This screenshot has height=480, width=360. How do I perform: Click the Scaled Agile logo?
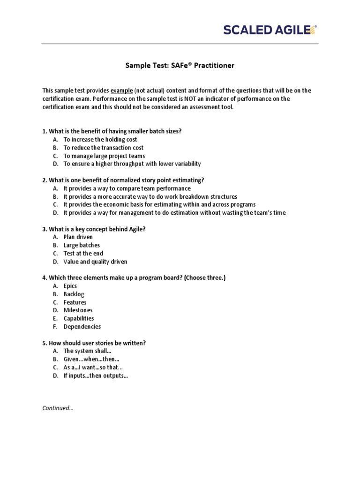tap(270, 30)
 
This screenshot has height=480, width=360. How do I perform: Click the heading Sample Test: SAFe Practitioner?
tap(180, 66)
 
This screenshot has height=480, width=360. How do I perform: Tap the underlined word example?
tap(121, 90)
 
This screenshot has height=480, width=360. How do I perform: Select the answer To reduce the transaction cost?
tap(104, 148)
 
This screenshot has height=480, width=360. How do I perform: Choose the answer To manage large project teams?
tap(104, 156)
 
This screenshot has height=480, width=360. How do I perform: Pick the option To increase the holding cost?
tap(100, 139)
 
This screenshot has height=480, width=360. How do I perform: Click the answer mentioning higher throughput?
tap(132, 164)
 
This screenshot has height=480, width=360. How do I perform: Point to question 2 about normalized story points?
tap(123, 180)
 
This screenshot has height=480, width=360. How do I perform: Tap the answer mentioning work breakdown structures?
tap(150, 196)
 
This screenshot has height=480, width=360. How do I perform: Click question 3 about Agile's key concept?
tap(94, 229)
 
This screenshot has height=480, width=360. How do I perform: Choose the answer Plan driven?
tap(78, 237)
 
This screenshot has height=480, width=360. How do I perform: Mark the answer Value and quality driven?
tap(95, 262)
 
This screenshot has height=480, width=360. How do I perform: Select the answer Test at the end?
tap(83, 254)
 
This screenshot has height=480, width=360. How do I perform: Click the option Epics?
tap(70, 286)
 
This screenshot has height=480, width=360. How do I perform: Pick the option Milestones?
tap(78, 310)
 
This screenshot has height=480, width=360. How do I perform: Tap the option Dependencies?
tap(82, 327)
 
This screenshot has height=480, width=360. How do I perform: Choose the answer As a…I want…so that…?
tap(96, 367)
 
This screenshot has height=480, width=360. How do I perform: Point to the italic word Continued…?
tap(58, 408)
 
